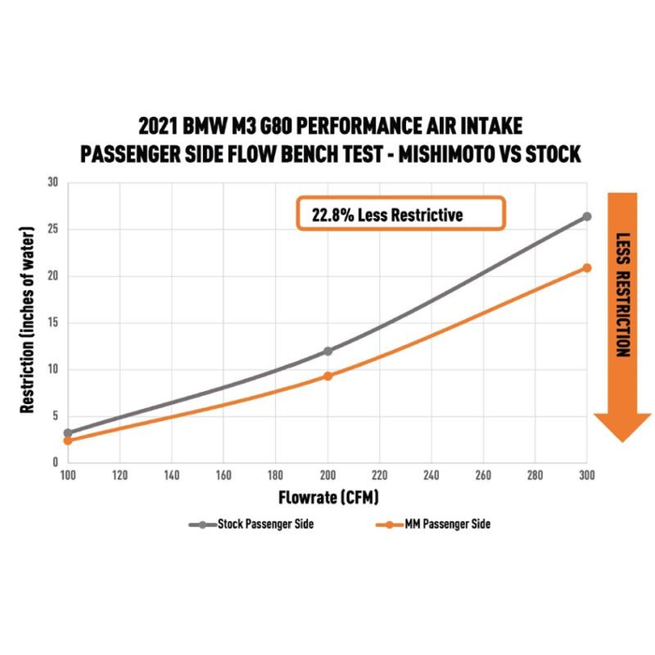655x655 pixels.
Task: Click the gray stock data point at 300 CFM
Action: coord(587,216)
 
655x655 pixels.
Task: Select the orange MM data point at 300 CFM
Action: coord(587,268)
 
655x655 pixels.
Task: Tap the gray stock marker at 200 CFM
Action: coord(327,351)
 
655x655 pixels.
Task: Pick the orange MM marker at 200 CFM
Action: coord(327,376)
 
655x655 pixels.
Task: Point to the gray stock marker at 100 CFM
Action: coord(67,433)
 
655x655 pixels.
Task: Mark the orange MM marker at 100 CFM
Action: coord(67,440)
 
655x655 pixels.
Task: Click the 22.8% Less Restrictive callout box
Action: coord(400,214)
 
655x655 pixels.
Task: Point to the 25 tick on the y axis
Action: coord(52,229)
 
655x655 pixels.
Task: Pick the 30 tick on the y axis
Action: coord(52,182)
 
